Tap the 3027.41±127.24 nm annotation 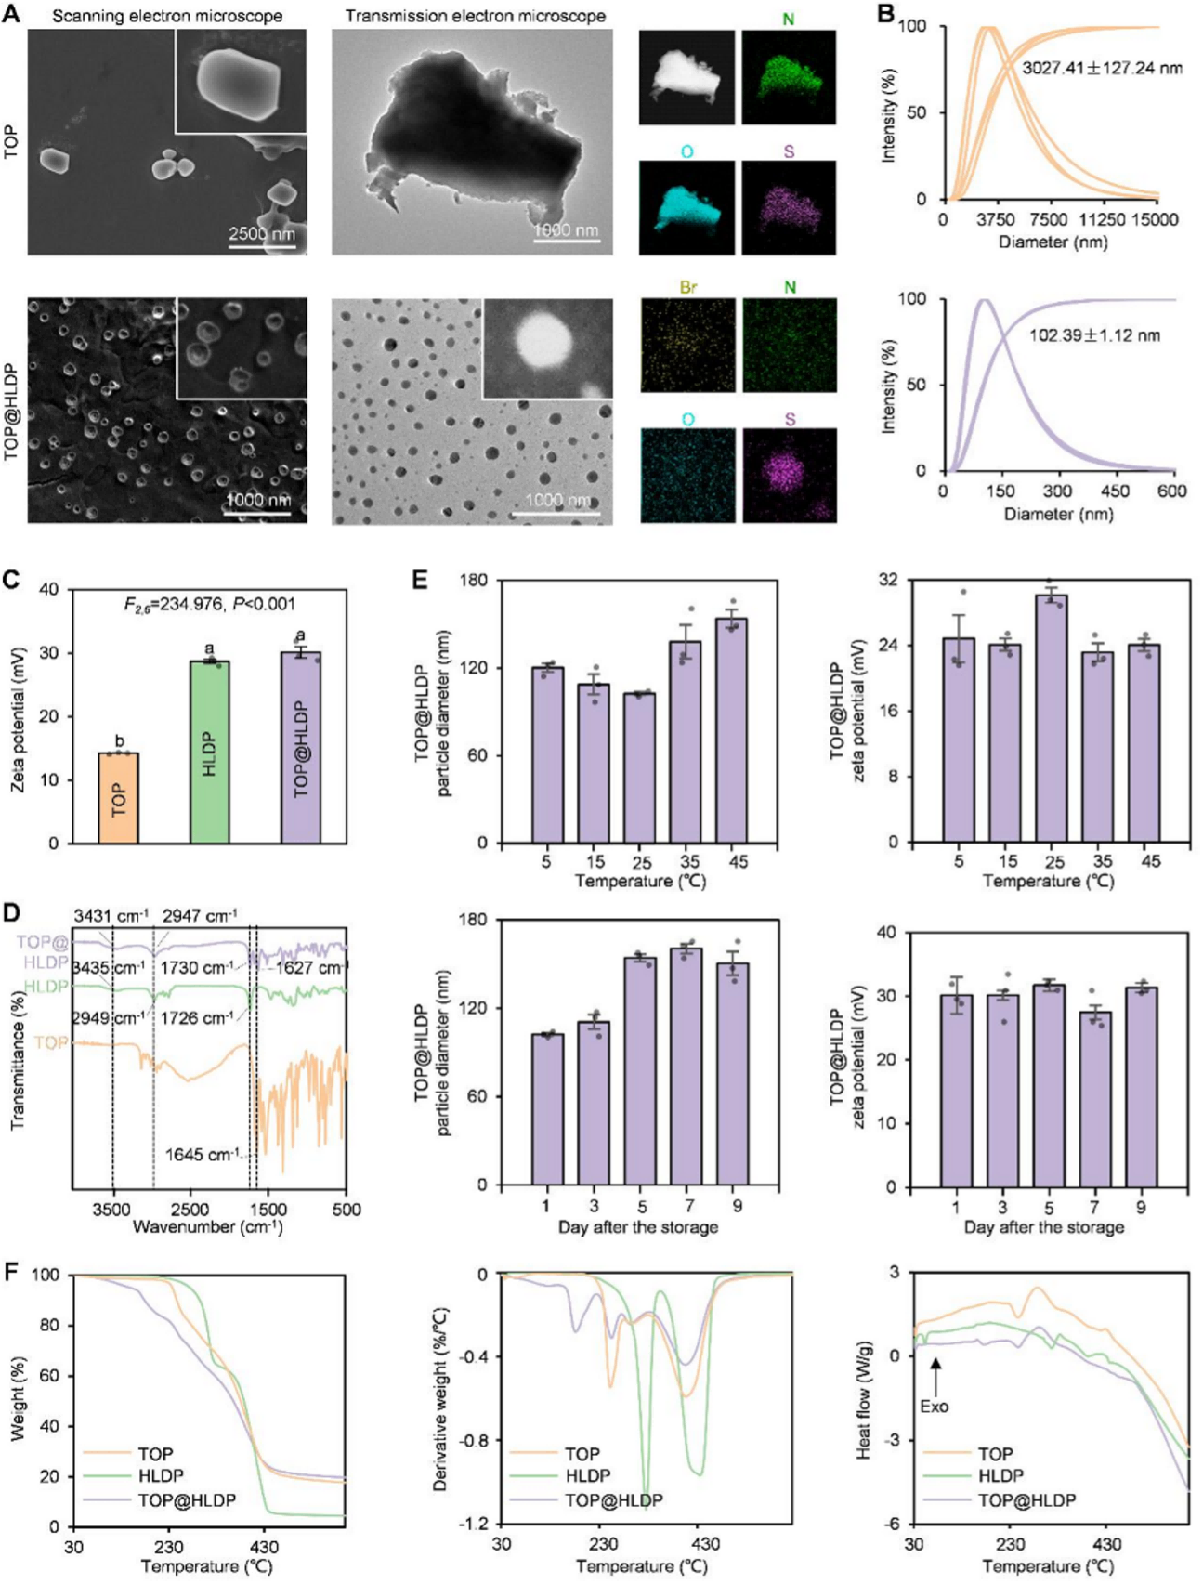click(x=1103, y=68)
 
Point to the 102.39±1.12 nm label click(x=1094, y=335)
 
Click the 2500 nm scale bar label click(x=262, y=233)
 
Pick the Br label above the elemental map click(x=687, y=288)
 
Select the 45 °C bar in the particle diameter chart click(x=738, y=730)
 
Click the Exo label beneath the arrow click(x=934, y=1407)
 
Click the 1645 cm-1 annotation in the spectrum click(x=201, y=1155)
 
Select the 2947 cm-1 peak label click(x=200, y=916)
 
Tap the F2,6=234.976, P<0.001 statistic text click(x=209, y=605)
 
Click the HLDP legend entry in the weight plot click(x=161, y=1475)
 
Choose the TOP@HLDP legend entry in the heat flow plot click(x=1026, y=1499)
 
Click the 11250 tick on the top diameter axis click(x=1103, y=220)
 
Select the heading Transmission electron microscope click(x=476, y=16)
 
